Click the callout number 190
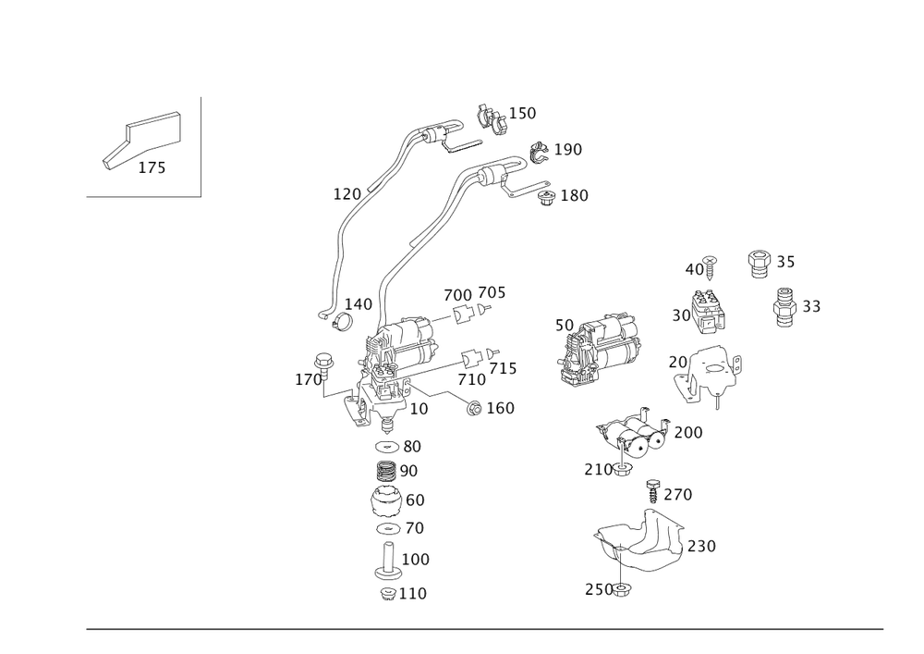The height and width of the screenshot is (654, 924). [568, 150]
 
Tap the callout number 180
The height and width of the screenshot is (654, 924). [574, 195]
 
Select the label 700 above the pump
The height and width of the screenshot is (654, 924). [458, 294]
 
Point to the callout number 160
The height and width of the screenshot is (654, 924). [500, 408]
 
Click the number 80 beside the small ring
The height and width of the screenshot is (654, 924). [412, 446]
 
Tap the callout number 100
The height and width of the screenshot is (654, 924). [417, 560]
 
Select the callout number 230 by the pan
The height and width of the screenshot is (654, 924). [703, 547]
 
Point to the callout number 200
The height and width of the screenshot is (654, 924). [688, 432]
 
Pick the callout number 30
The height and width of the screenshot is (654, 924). [681, 315]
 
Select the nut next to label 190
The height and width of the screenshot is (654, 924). [539, 150]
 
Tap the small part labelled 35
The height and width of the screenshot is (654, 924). [760, 262]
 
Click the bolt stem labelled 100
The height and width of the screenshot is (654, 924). [388, 559]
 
